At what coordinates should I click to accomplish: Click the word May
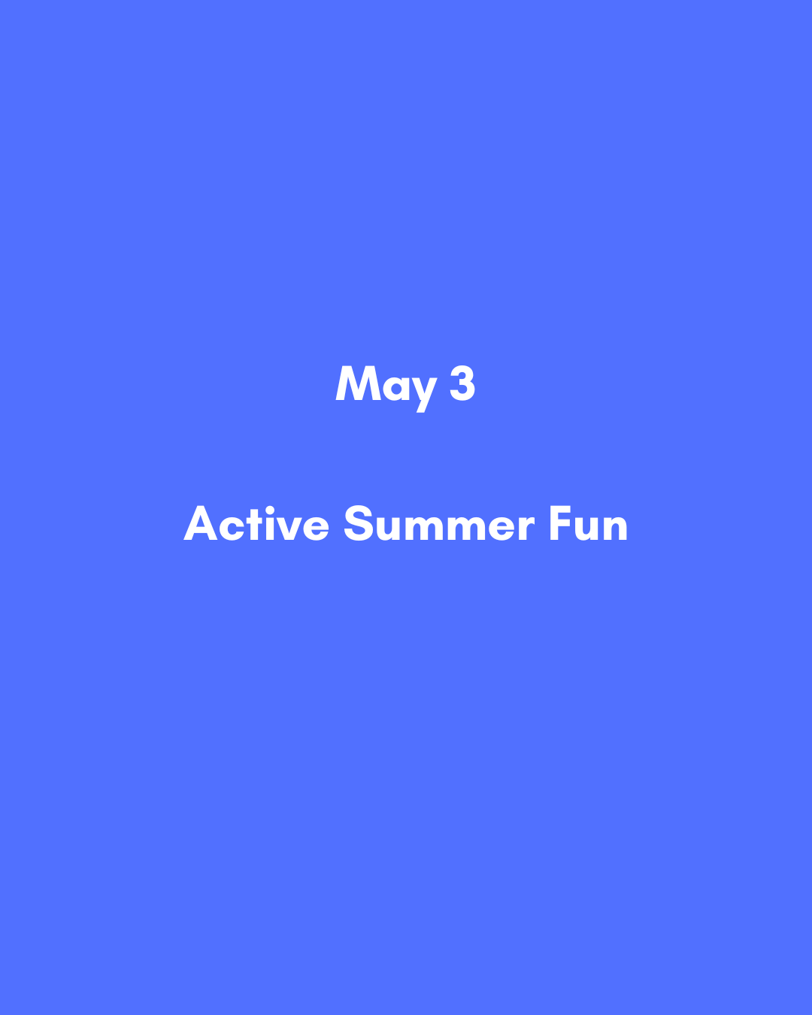tap(386, 386)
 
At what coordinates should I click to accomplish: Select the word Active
tap(256, 524)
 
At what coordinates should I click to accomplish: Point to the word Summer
tap(439, 524)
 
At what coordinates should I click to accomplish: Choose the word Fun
tap(588, 524)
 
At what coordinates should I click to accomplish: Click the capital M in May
tap(356, 384)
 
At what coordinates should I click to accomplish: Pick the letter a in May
tap(393, 388)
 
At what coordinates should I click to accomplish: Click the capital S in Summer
tap(359, 524)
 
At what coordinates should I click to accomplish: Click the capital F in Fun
tap(560, 524)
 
